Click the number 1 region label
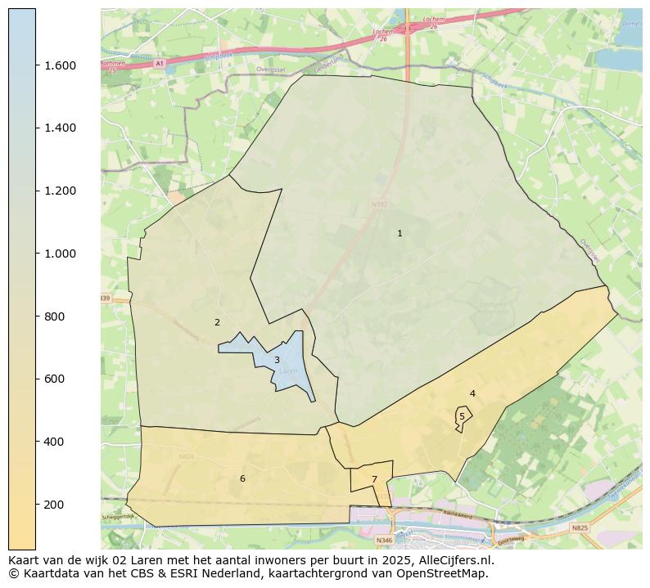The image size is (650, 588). (x=399, y=234)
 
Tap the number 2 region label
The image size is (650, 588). (x=217, y=322)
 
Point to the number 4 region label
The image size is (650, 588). (x=472, y=393)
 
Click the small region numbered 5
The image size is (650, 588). (x=462, y=416)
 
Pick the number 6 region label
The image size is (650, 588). (x=242, y=478)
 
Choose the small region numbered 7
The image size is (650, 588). (x=374, y=479)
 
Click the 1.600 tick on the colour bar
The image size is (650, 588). (x=60, y=65)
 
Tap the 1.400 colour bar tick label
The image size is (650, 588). (x=60, y=128)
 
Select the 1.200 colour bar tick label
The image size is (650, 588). (x=60, y=191)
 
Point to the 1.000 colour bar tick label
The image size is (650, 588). (x=60, y=254)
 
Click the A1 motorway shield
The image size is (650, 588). (x=160, y=63)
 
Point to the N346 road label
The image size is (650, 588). (x=383, y=541)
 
